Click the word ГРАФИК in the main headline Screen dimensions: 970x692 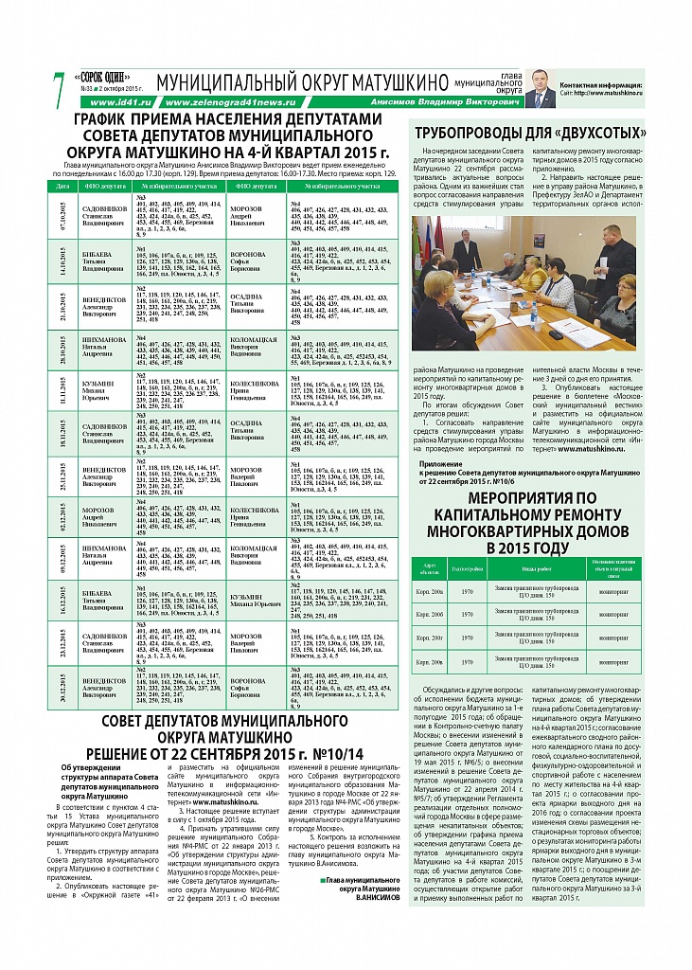tap(111, 121)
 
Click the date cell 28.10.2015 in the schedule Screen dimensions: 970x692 tap(63, 353)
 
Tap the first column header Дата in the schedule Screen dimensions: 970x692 tap(63, 187)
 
